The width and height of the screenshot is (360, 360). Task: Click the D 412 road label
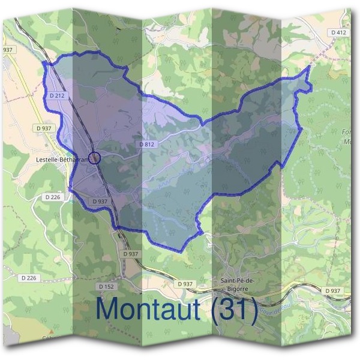338,32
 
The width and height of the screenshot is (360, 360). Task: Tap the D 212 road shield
57,95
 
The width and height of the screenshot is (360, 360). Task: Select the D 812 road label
147,145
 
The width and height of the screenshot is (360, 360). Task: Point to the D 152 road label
106,286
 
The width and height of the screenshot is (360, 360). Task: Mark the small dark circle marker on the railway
94,158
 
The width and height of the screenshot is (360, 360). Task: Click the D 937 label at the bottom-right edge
332,290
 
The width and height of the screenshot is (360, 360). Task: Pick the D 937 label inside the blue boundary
100,201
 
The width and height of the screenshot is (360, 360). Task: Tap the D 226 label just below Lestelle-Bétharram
53,196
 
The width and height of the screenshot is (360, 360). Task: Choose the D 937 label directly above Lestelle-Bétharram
44,128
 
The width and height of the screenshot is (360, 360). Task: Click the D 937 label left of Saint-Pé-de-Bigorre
185,283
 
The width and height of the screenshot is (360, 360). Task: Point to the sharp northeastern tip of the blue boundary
308,66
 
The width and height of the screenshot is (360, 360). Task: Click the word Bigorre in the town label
236,288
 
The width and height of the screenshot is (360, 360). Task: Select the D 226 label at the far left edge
29,278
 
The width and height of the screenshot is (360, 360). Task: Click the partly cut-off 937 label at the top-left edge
7,50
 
